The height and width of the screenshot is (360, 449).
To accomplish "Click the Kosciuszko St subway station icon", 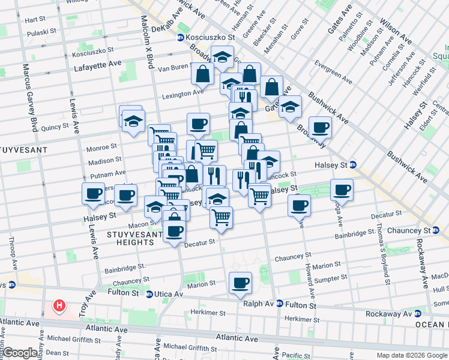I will tap(180, 38).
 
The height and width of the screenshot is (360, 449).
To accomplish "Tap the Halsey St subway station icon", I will tap(353, 164).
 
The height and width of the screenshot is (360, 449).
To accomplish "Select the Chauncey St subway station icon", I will tap(435, 230).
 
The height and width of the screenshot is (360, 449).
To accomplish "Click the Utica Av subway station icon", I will tap(149, 294).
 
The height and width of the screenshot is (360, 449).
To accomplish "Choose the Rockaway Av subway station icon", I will tap(417, 313).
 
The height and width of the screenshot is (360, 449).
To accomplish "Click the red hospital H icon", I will tap(59, 306).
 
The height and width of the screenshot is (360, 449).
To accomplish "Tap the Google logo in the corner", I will tap(20, 353).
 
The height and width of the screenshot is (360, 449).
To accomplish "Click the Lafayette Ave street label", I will tap(98, 69).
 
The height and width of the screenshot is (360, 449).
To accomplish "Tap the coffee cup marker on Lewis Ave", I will tap(94, 194).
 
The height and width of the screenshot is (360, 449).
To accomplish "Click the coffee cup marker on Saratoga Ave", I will tap(342, 190).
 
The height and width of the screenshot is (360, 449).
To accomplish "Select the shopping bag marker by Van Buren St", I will tap(202, 74).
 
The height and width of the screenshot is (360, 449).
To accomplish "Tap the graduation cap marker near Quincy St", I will tap(133, 121).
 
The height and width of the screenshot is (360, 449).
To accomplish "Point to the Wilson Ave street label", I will tap(396, 31).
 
